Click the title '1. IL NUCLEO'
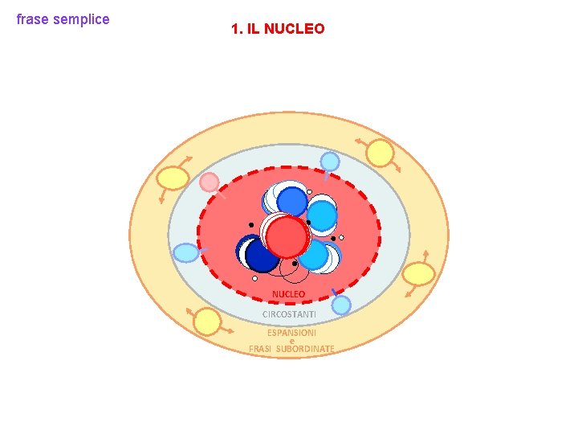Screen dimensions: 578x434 pos(278,29)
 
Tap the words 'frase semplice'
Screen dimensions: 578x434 pos(63,19)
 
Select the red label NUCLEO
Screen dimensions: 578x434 pos(288,294)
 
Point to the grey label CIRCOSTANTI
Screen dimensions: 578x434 pos(289,313)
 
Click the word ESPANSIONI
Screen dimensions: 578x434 pos(291,332)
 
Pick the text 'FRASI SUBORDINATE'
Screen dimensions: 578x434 pos(291,349)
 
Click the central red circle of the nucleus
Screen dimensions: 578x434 pos(287,237)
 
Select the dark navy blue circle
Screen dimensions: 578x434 pos(262,255)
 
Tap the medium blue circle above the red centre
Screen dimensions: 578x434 pos(291,201)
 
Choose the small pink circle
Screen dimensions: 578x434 pos(210,182)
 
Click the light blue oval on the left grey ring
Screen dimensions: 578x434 pos(185,253)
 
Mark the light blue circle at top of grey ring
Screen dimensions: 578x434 pos(330,162)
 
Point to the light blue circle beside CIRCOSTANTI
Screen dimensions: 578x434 pos(341,305)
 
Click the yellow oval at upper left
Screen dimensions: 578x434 pos(172,178)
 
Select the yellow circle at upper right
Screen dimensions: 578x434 pos(380,154)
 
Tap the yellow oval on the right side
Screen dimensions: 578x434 pos(418,275)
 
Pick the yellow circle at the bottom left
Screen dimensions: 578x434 pos(207,321)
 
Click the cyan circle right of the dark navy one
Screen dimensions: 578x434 pos(313,256)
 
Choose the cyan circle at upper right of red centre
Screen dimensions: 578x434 pos(321,215)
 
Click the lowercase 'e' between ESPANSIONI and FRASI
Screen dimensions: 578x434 pos(291,341)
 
